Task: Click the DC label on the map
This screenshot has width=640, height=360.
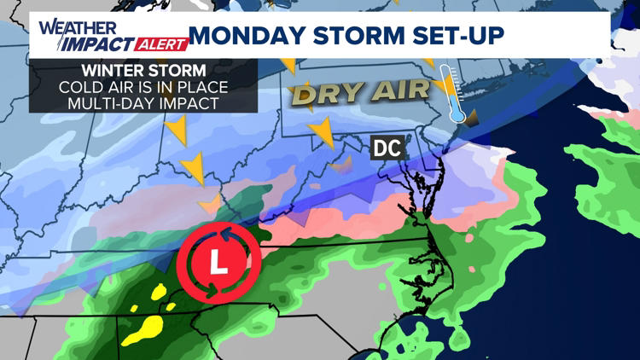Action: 387,148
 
